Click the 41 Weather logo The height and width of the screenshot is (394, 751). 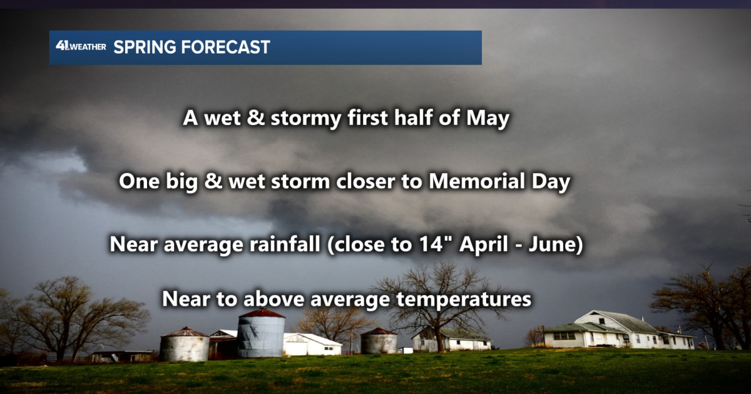click(80, 47)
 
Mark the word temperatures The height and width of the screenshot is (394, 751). click(464, 299)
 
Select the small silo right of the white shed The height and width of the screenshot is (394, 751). click(379, 341)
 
